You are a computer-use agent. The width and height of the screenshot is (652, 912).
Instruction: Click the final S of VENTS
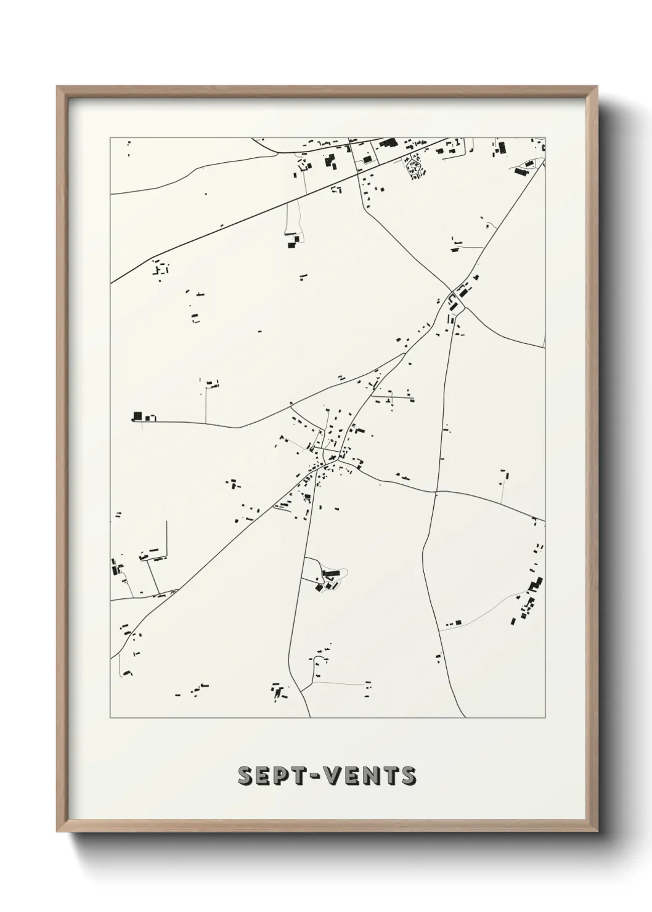(408, 776)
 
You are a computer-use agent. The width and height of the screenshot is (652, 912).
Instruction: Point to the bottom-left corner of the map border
(111, 718)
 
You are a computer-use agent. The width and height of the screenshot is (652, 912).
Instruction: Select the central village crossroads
(333, 458)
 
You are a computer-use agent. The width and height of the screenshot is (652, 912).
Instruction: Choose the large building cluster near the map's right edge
(530, 598)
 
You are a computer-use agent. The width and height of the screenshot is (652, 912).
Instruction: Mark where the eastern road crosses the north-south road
(436, 491)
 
